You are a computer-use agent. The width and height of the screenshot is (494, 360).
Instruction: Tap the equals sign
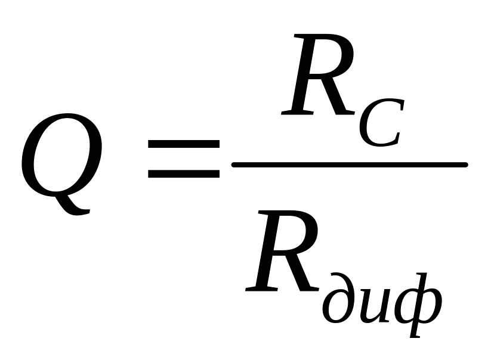[184, 159]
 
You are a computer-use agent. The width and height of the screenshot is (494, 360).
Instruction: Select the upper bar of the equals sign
[184, 144]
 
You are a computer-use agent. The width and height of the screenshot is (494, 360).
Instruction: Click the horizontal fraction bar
[349, 165]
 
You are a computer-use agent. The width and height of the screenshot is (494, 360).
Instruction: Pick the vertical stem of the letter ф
[418, 304]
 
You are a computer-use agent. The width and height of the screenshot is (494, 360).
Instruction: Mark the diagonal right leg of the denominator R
[301, 274]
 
